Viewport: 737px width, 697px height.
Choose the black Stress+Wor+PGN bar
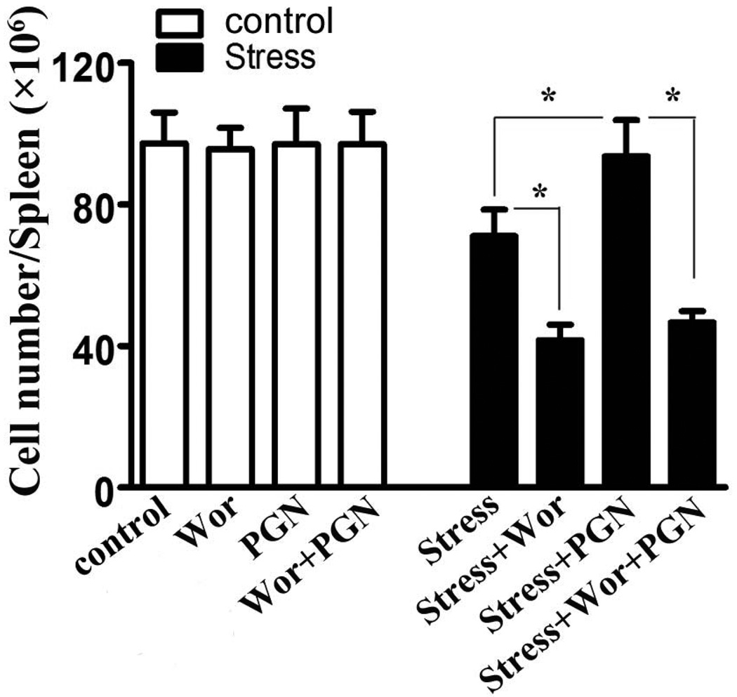click(691, 404)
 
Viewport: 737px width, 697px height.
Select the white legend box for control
click(179, 25)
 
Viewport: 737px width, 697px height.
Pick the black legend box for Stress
click(179, 58)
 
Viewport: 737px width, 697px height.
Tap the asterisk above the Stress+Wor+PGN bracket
click(672, 97)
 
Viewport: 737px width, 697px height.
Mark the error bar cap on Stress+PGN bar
click(625, 119)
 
